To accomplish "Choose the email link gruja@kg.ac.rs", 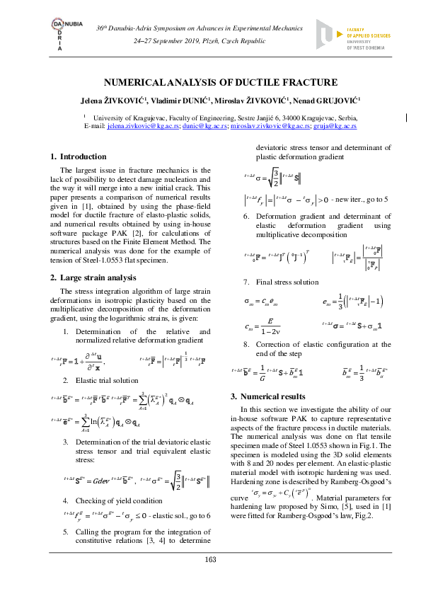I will pyautogui.click(x=336, y=125).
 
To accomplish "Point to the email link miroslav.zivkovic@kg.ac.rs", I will pyautogui.click(x=273, y=125).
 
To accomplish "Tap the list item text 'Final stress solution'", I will pyautogui.click(x=291, y=282).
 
